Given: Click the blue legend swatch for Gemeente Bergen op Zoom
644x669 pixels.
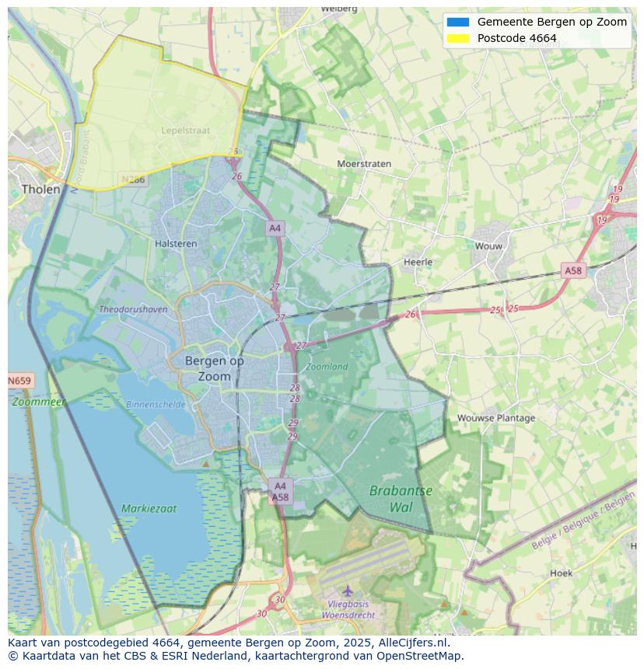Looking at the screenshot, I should click(x=458, y=22).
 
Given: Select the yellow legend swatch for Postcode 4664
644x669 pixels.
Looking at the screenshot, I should click(x=458, y=38).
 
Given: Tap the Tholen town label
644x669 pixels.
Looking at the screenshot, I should click(x=40, y=189).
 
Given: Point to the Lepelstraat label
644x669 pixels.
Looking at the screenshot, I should click(x=186, y=131).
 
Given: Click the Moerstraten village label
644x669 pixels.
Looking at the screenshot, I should click(x=364, y=164).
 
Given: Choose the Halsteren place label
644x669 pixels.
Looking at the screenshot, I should click(x=176, y=243).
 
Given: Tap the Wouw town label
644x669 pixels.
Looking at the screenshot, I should click(x=488, y=246).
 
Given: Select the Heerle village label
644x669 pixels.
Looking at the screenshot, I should click(x=418, y=262).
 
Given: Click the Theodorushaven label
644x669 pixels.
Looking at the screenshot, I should click(x=133, y=309).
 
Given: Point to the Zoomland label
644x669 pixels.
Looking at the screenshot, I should click(x=327, y=366).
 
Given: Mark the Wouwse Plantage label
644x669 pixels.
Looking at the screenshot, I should click(x=496, y=417).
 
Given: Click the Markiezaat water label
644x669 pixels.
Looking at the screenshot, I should click(x=149, y=509).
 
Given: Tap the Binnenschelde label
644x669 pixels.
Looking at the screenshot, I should click(x=156, y=404).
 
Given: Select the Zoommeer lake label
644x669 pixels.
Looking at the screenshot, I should click(x=38, y=402).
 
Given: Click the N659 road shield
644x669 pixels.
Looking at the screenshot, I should click(x=19, y=381).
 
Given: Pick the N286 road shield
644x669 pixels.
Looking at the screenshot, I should click(x=133, y=179).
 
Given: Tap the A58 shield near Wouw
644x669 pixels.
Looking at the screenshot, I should click(x=572, y=270).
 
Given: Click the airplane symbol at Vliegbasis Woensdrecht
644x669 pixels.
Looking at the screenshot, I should click(x=348, y=591).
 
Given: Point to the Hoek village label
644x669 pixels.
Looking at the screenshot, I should click(x=561, y=573).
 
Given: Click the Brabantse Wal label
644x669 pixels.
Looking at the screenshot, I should click(x=401, y=499).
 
